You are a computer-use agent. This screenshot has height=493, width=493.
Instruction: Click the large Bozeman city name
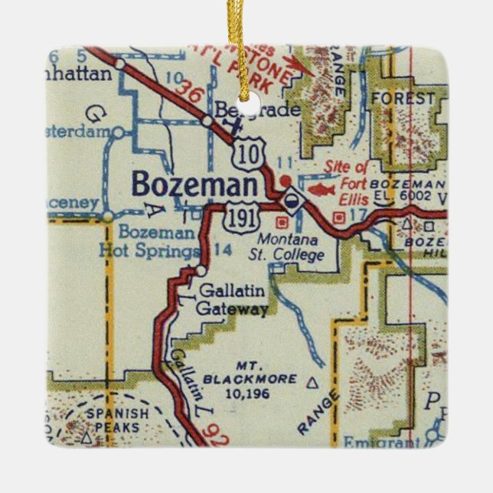[194, 185]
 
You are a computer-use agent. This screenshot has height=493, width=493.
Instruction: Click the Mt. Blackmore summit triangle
[311, 380]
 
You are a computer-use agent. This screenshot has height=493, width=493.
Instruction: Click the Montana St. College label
[290, 248]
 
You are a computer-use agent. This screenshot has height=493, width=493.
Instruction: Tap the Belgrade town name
[256, 110]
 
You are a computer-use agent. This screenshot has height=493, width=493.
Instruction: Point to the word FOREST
[403, 99]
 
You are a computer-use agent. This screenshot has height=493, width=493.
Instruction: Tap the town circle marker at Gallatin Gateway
[200, 270]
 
